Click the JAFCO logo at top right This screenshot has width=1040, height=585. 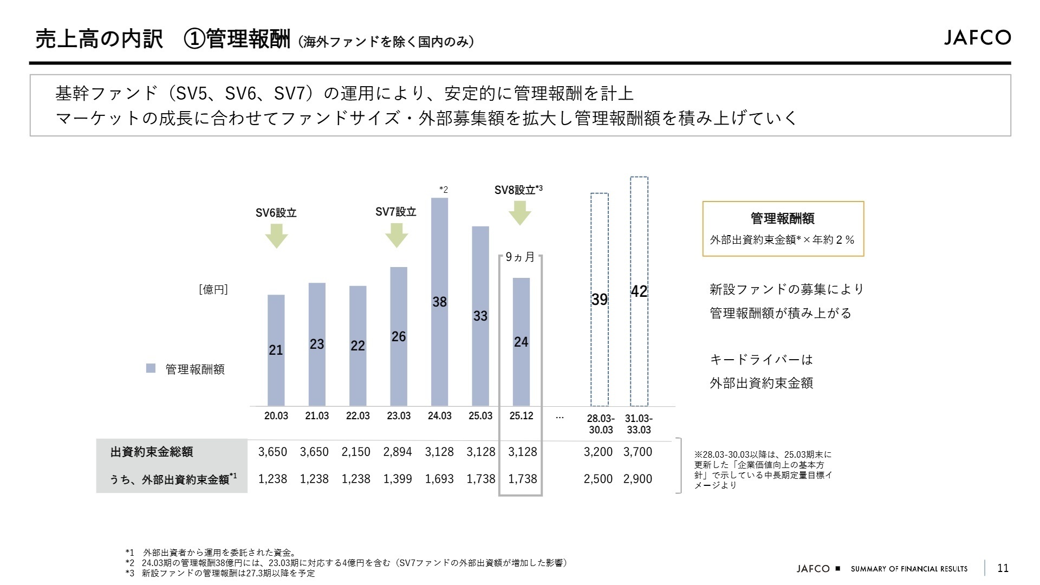(977, 37)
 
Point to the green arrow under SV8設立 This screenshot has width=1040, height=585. (520, 213)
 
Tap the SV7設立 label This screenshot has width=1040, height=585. (395, 212)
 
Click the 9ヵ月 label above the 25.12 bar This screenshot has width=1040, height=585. (520, 257)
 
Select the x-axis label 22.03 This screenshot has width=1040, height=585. (357, 415)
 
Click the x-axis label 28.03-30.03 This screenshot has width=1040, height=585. (600, 424)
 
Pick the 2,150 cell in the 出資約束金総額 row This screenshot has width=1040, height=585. (356, 452)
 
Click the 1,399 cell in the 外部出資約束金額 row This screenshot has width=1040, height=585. (398, 479)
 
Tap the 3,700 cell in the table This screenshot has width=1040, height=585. (638, 452)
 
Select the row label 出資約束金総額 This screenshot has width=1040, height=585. (152, 452)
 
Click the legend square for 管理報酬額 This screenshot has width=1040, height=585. (151, 368)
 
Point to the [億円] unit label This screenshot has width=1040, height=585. (213, 289)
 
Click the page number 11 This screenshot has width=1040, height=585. (1003, 568)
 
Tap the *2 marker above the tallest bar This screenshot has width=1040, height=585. (443, 190)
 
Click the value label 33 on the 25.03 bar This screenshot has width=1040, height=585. (480, 316)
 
